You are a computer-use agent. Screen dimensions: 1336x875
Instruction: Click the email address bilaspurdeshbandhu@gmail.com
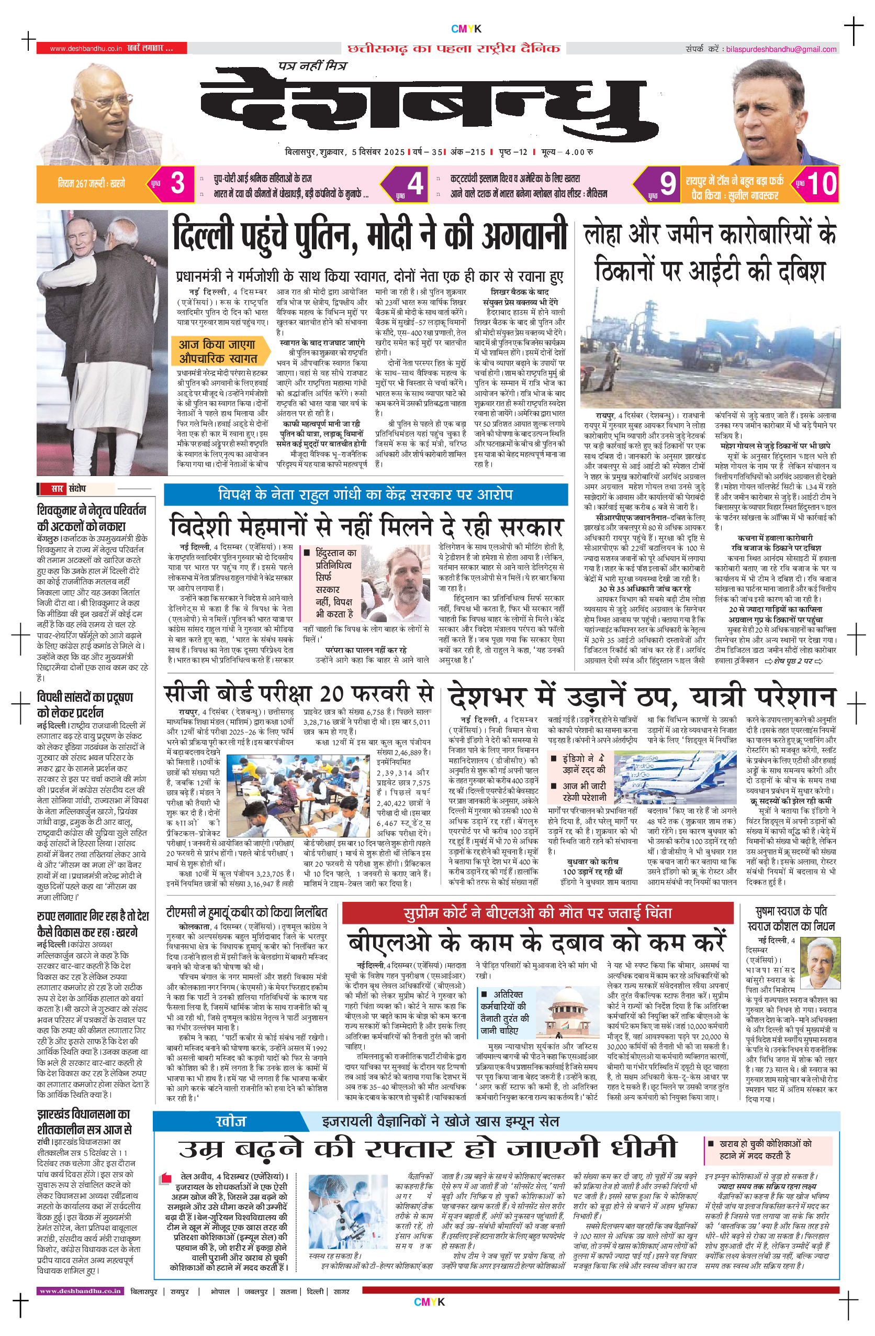click(x=781, y=49)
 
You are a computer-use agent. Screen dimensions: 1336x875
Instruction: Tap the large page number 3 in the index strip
click(x=177, y=183)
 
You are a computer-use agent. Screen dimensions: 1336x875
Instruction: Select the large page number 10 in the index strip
click(x=821, y=183)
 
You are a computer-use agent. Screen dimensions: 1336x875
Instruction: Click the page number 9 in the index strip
click(x=667, y=183)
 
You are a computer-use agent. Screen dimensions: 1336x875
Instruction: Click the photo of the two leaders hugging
click(x=102, y=343)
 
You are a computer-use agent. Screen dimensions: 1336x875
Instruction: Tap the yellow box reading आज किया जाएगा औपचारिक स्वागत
click(x=218, y=351)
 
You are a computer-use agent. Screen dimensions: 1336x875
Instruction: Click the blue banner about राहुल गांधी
click(x=365, y=494)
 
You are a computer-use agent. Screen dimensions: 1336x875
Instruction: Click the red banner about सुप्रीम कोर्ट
click(x=537, y=913)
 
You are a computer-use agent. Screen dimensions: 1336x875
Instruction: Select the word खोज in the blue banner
click(x=231, y=1122)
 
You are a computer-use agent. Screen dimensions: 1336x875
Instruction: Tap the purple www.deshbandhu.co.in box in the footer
click(x=80, y=1290)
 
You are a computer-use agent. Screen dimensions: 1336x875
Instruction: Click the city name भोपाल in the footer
click(x=220, y=1291)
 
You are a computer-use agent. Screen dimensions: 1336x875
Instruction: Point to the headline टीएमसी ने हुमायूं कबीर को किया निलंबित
click(x=247, y=912)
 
